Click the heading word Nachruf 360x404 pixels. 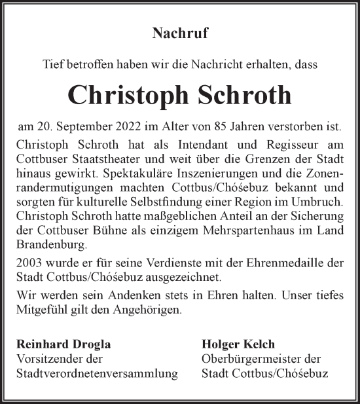tap(180, 31)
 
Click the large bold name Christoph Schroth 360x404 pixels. tap(180, 94)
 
